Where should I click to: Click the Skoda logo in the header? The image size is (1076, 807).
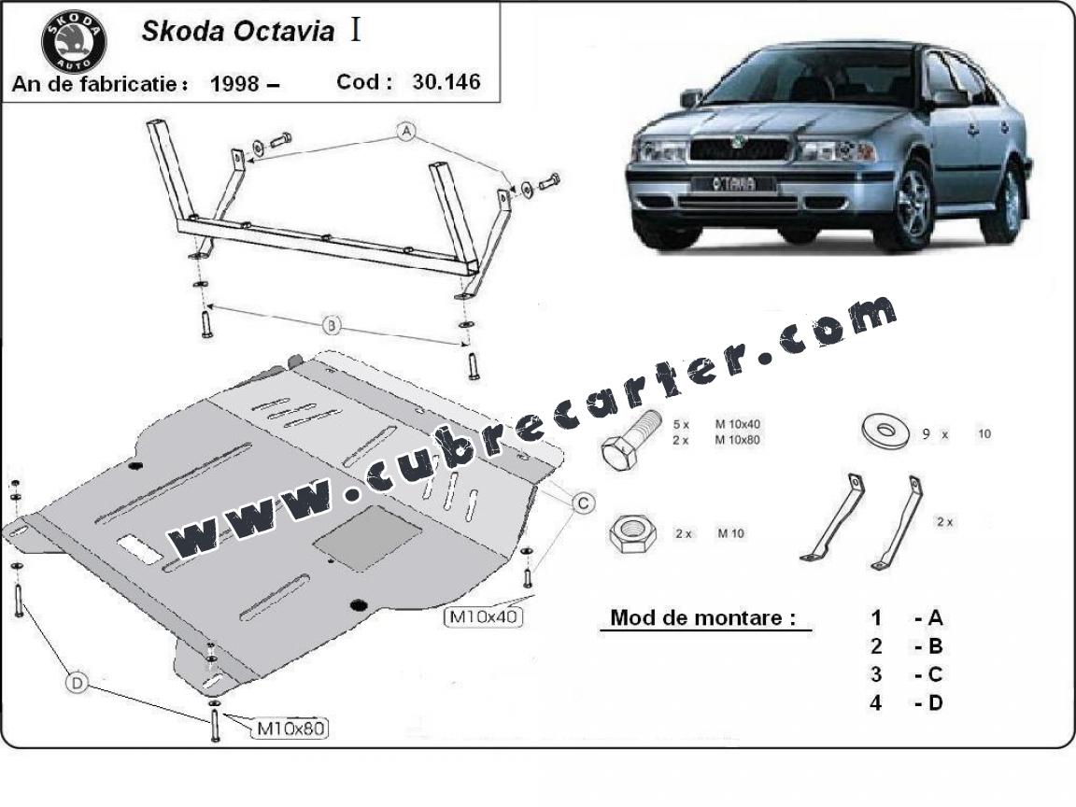[x=74, y=41]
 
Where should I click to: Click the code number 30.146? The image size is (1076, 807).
[x=446, y=81]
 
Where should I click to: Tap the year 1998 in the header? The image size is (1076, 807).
[x=234, y=84]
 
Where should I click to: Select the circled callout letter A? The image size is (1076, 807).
[x=407, y=131]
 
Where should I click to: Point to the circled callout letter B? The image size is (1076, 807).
[x=332, y=325]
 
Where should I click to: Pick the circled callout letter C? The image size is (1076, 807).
[x=583, y=503]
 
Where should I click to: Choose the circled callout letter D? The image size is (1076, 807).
[x=77, y=683]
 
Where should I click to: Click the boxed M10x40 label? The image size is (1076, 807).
[x=483, y=616]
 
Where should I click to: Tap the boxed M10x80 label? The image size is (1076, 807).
[x=291, y=728]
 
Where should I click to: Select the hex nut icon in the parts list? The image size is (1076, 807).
[x=632, y=532]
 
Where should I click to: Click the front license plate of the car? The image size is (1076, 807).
[x=733, y=184]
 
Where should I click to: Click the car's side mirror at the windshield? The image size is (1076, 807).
[x=691, y=98]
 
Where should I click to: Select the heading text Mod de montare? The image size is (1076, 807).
[x=702, y=617]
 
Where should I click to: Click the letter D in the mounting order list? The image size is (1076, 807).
[x=935, y=702]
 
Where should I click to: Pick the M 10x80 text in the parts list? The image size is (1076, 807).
[x=738, y=440]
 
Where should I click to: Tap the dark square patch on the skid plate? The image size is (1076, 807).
[x=367, y=538]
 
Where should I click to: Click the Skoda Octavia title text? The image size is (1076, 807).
[x=238, y=32]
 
